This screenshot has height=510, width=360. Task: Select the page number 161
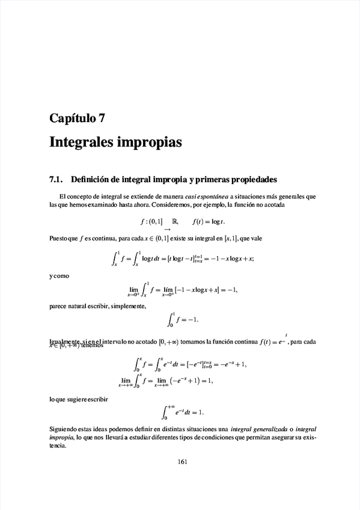click(x=184, y=462)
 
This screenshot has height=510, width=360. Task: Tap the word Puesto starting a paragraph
click(x=59, y=239)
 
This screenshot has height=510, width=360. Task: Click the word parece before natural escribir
click(x=58, y=307)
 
